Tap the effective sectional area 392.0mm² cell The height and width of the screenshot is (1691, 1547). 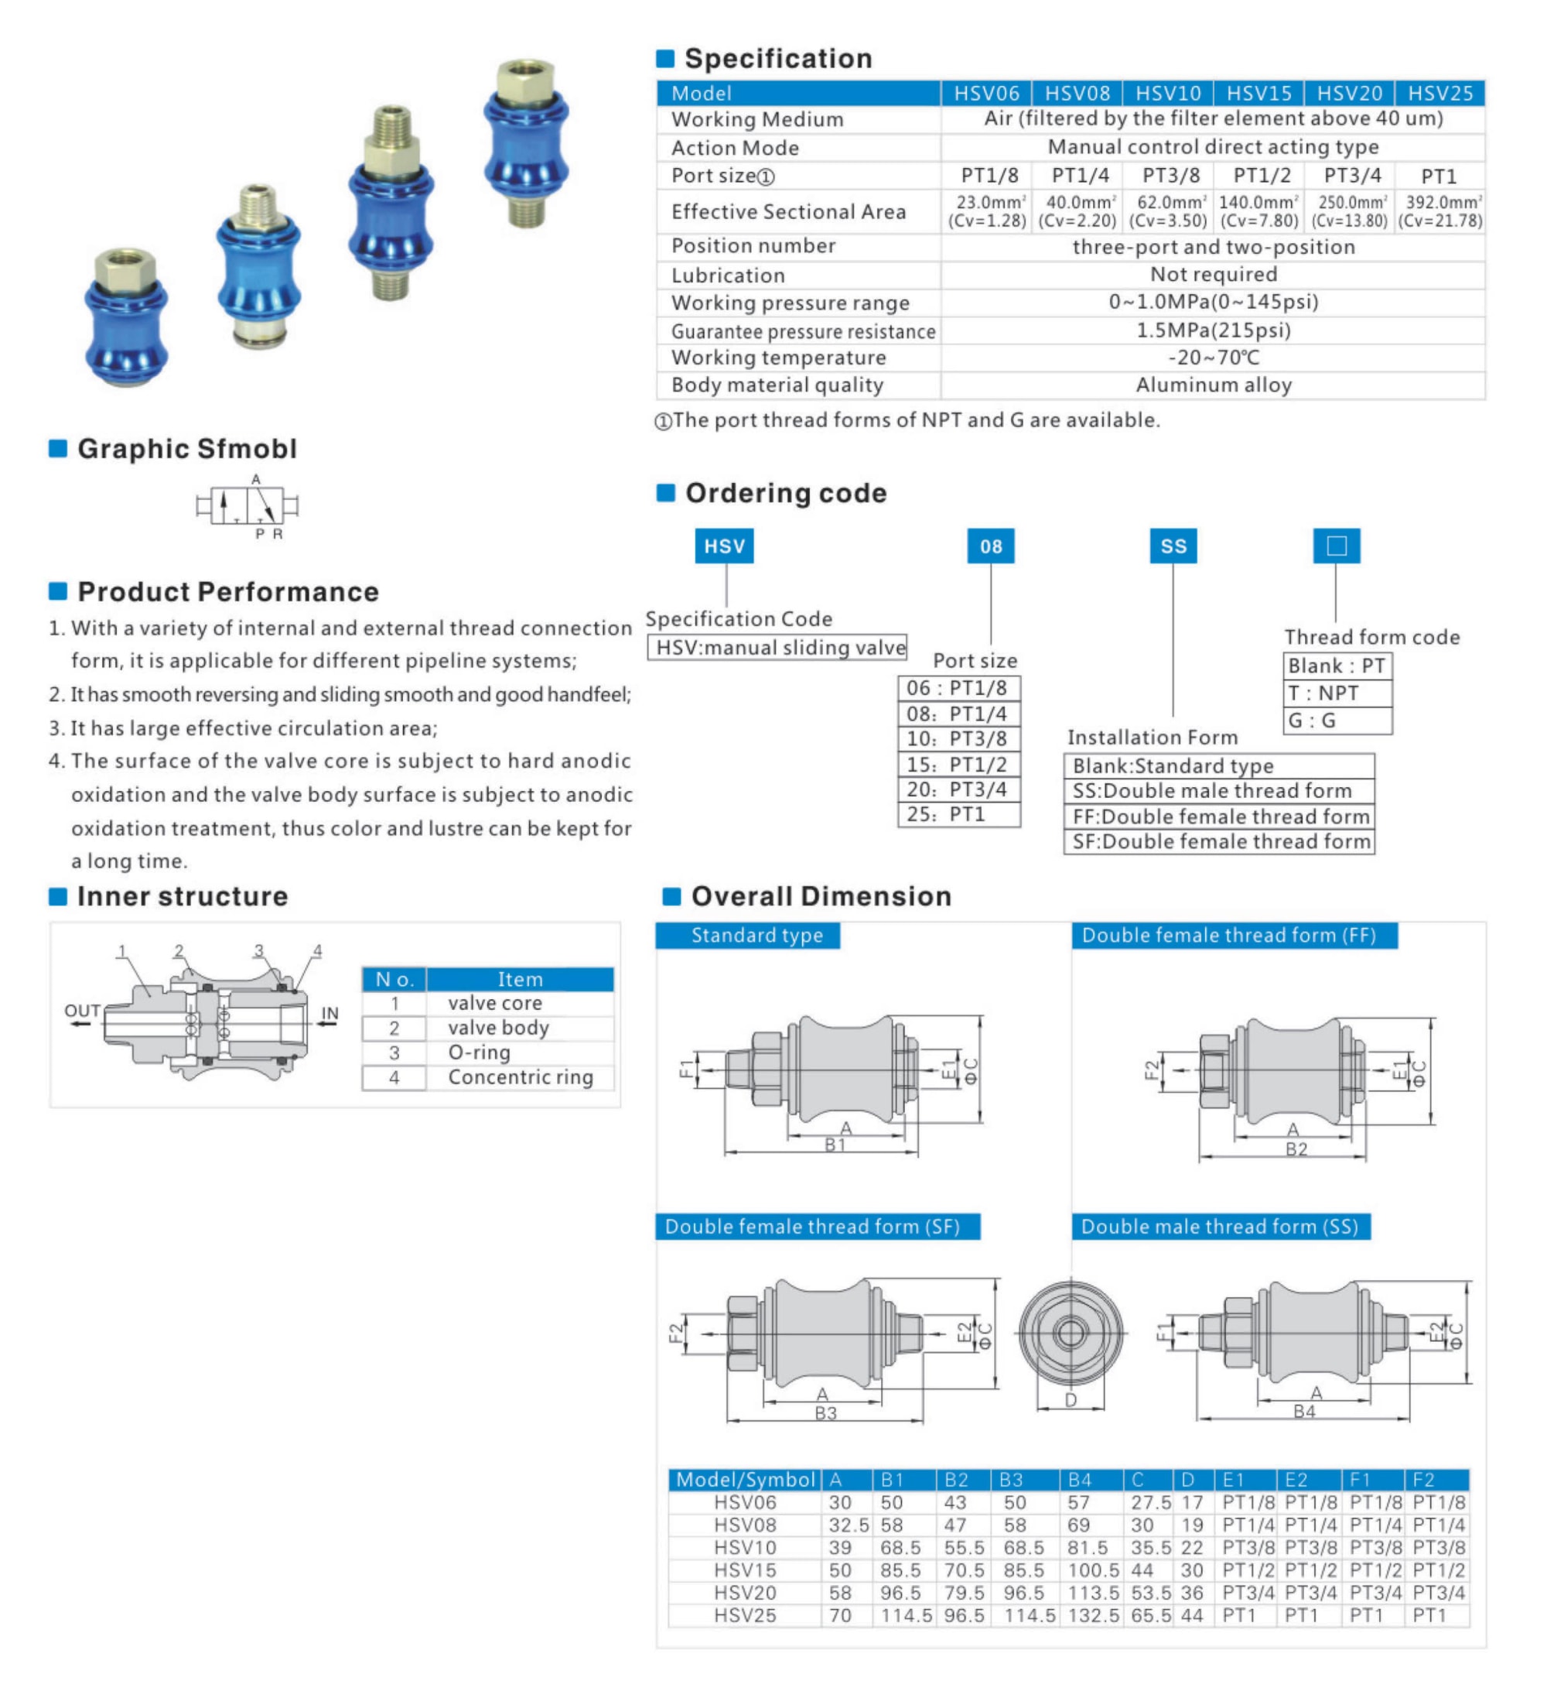pyautogui.click(x=1439, y=211)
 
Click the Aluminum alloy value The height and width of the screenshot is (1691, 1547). pyautogui.click(x=1214, y=385)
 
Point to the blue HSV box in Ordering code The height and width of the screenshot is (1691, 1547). pyautogui.click(x=725, y=546)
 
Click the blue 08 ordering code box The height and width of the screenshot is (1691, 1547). pyautogui.click(x=990, y=546)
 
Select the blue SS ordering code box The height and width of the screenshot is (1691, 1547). pyautogui.click(x=1173, y=546)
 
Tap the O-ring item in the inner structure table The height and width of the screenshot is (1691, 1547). pyautogui.click(x=480, y=1053)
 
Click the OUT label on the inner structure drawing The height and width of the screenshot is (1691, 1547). pyautogui.click(x=82, y=1011)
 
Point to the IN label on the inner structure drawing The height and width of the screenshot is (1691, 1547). pyautogui.click(x=330, y=1013)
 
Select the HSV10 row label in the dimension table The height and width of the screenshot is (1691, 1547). pyautogui.click(x=745, y=1548)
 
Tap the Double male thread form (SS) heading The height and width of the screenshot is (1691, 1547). pyautogui.click(x=1220, y=1227)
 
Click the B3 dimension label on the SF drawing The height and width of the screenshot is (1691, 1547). pyautogui.click(x=826, y=1412)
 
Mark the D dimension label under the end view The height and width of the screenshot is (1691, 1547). pyautogui.click(x=1071, y=1400)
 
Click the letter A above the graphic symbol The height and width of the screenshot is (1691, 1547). pyautogui.click(x=256, y=479)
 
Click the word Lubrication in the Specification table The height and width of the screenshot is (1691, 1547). pyautogui.click(x=728, y=275)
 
